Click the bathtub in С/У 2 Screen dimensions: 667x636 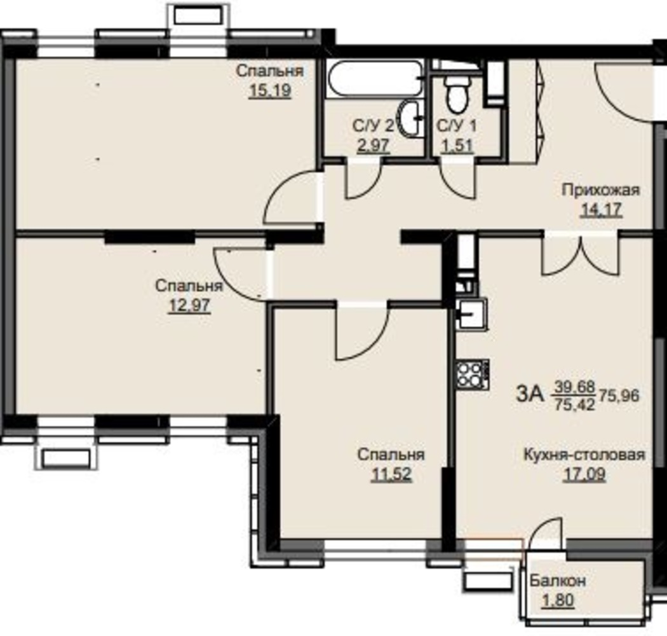tap(375, 79)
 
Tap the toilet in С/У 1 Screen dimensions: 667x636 tap(458, 93)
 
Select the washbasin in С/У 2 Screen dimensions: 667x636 tap(410, 119)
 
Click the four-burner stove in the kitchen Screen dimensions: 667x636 tap(473, 375)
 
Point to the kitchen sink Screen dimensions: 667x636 tap(472, 314)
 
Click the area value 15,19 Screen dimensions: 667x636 tap(270, 90)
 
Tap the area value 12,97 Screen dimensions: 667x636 tap(190, 305)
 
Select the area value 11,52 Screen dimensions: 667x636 tap(391, 474)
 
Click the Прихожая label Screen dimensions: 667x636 tap(601, 190)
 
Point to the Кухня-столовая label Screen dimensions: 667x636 tap(584, 455)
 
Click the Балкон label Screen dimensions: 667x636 tap(558, 581)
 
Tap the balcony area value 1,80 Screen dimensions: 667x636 tap(558, 600)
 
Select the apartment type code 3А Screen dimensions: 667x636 tap(530, 394)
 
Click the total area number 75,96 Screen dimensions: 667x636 tap(619, 396)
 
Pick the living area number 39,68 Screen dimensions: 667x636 tap(574, 387)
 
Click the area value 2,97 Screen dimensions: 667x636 tap(373, 146)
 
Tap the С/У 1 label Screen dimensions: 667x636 tap(457, 126)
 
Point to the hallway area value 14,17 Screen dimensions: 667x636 tap(602, 210)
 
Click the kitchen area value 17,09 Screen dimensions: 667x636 tap(584, 474)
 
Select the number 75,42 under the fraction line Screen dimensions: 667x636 tap(574, 404)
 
